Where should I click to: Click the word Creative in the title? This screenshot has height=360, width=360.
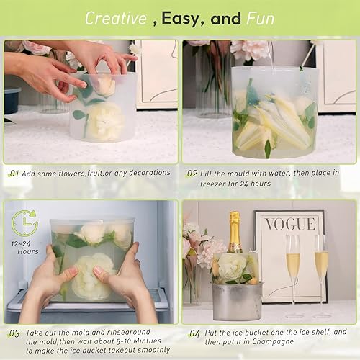[116, 18]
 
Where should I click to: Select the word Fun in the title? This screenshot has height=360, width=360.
[261, 18]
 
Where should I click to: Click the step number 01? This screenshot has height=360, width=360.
[14, 173]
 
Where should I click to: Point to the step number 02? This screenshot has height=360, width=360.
[192, 173]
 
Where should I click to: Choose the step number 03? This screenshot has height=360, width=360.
[14, 333]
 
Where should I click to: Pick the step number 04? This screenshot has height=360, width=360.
[194, 333]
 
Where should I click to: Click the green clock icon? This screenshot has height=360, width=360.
[24, 222]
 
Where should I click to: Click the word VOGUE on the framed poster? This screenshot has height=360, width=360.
[290, 224]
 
